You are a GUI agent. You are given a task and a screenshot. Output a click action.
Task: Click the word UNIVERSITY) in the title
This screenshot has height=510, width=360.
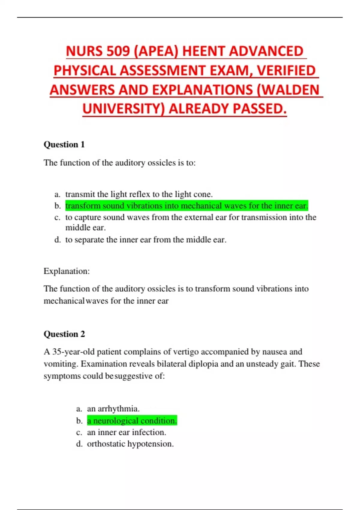123,109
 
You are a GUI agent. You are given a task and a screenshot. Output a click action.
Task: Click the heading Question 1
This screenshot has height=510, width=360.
64,145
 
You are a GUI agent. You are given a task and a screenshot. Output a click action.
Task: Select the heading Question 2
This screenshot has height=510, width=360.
64,334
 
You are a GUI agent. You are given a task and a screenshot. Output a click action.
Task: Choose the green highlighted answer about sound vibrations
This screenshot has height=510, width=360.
187,206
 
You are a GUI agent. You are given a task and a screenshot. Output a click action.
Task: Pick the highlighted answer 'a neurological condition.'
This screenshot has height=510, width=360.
132,421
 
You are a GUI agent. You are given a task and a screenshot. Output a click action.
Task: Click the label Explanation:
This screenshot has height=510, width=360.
67,271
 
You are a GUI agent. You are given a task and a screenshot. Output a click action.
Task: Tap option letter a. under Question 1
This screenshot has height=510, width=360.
57,194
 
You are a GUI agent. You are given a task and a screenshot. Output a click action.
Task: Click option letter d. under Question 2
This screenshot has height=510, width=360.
79,444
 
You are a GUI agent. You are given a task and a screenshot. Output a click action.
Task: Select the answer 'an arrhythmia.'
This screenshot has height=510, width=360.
113,409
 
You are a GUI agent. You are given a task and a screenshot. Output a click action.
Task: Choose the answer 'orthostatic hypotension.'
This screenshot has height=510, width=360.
130,444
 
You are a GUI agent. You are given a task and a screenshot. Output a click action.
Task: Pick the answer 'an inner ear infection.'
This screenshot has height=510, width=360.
126,432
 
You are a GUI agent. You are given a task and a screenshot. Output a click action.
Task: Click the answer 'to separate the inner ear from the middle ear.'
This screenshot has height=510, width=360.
146,240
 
